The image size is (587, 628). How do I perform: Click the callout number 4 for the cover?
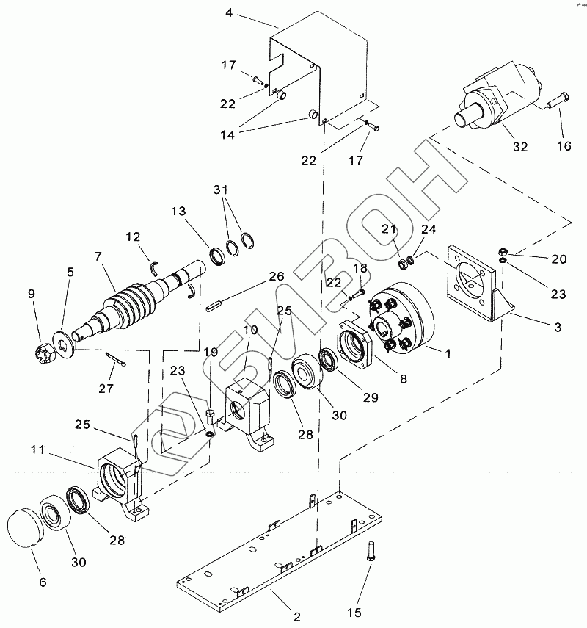coord(229,12)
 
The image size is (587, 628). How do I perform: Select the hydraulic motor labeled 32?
coord(497,96)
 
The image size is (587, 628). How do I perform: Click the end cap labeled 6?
coord(26,528)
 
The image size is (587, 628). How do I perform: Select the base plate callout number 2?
coord(297,617)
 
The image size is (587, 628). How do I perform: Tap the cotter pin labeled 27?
coord(116,359)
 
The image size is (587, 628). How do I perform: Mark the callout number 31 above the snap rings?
coord(220,190)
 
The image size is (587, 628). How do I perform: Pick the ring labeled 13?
coord(218,256)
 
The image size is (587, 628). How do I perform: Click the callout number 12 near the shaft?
coord(133,237)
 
